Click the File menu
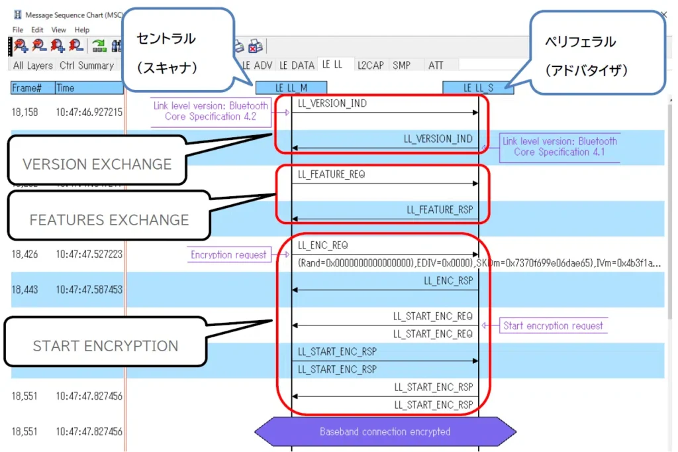(17, 30)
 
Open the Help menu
(82, 30)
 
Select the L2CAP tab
(370, 65)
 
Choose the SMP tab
(401, 65)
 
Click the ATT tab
(436, 65)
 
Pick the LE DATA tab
(297, 65)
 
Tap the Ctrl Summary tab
(86, 65)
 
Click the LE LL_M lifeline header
(291, 87)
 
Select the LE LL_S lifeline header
(478, 87)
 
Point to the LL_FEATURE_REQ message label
(331, 174)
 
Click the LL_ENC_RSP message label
(448, 280)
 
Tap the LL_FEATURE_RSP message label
(440, 209)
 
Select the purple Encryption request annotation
(228, 254)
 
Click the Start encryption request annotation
(553, 325)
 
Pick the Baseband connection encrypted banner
(385, 431)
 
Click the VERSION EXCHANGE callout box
(97, 163)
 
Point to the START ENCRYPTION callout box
(105, 345)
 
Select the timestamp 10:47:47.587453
(89, 290)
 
